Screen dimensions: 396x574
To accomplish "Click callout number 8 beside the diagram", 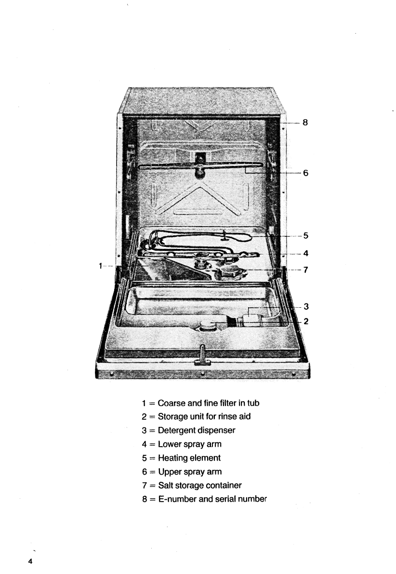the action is point(305,123).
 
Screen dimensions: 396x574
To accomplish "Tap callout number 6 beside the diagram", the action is point(305,173).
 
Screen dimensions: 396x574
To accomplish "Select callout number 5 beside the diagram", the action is point(305,236).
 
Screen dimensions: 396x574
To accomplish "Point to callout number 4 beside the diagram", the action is point(305,253).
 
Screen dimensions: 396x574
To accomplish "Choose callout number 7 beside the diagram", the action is point(305,270).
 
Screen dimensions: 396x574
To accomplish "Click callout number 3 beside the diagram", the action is point(305,306).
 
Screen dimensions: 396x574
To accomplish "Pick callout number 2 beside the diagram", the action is point(305,321).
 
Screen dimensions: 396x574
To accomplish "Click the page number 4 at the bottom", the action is point(30,561).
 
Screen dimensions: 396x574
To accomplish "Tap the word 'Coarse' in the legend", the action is point(170,403).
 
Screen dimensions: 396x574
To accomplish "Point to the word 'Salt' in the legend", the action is point(165,485).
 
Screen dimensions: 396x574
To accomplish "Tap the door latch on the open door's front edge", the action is point(202,356).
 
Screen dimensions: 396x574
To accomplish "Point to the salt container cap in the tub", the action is point(231,273).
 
